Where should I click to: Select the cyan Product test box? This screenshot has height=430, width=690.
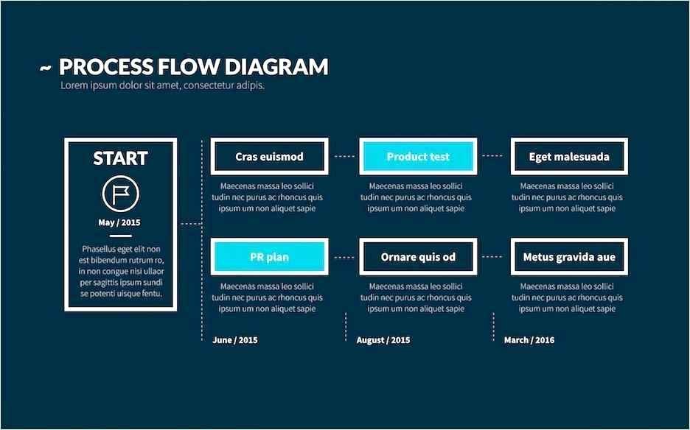point(418,157)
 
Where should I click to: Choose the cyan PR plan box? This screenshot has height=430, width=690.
point(269,257)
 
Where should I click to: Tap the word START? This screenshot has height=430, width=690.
point(121,158)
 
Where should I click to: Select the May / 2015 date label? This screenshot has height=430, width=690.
point(119,222)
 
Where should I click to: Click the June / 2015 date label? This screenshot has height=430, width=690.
point(235,340)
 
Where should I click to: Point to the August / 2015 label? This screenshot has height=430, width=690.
point(383,340)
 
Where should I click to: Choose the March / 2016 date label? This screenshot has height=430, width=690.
point(529,340)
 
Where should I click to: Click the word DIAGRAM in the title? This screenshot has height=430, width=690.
point(276,67)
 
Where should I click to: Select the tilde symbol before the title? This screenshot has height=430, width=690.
point(45,68)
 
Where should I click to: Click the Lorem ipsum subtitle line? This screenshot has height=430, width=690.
point(162,85)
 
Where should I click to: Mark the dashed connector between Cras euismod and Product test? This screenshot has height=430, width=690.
point(344,156)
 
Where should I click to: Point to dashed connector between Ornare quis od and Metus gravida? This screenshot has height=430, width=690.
point(493,257)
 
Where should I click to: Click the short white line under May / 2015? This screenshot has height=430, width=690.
point(121,236)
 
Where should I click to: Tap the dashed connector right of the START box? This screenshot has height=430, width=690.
point(191,224)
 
